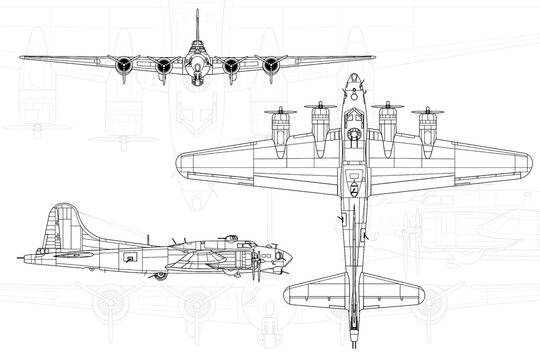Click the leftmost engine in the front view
coord(122,66)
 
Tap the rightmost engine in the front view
coord(271,66)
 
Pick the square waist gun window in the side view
coord(131,258)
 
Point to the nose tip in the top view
coord(353,76)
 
